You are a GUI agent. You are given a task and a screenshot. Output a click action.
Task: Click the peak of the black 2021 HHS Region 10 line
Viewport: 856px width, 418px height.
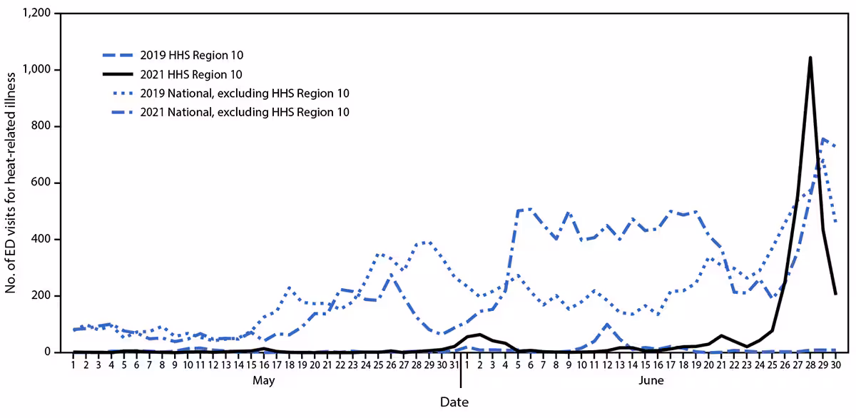810,58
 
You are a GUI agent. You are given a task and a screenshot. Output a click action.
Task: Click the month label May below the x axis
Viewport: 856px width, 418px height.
264,381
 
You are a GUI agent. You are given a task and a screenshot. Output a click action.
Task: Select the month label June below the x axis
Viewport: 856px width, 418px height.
651,381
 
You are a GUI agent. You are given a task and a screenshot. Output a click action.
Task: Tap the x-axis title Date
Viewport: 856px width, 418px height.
454,403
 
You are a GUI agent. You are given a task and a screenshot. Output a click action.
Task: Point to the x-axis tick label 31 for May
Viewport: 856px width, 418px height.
453,365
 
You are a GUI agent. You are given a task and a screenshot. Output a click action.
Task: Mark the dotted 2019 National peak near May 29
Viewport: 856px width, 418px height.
427,242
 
